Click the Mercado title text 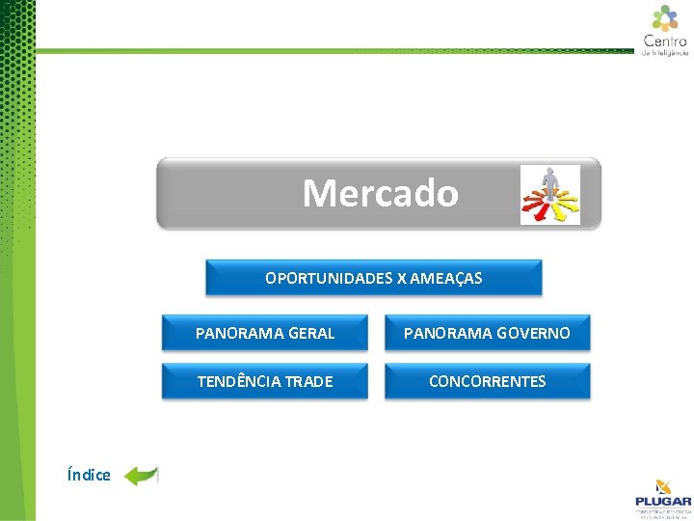(x=380, y=193)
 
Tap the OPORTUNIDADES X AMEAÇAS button (x=374, y=278)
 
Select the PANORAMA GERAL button (x=265, y=333)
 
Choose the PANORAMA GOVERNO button (x=487, y=333)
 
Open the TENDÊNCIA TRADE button (x=265, y=381)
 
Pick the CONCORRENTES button (x=487, y=381)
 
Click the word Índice (x=89, y=475)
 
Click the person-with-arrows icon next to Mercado (x=550, y=194)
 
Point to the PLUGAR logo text (x=663, y=501)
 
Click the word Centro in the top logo (x=666, y=41)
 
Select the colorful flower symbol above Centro (x=665, y=16)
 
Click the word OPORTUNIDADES (x=328, y=278)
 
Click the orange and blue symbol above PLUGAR (x=663, y=486)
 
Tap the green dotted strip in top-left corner (x=16, y=29)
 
